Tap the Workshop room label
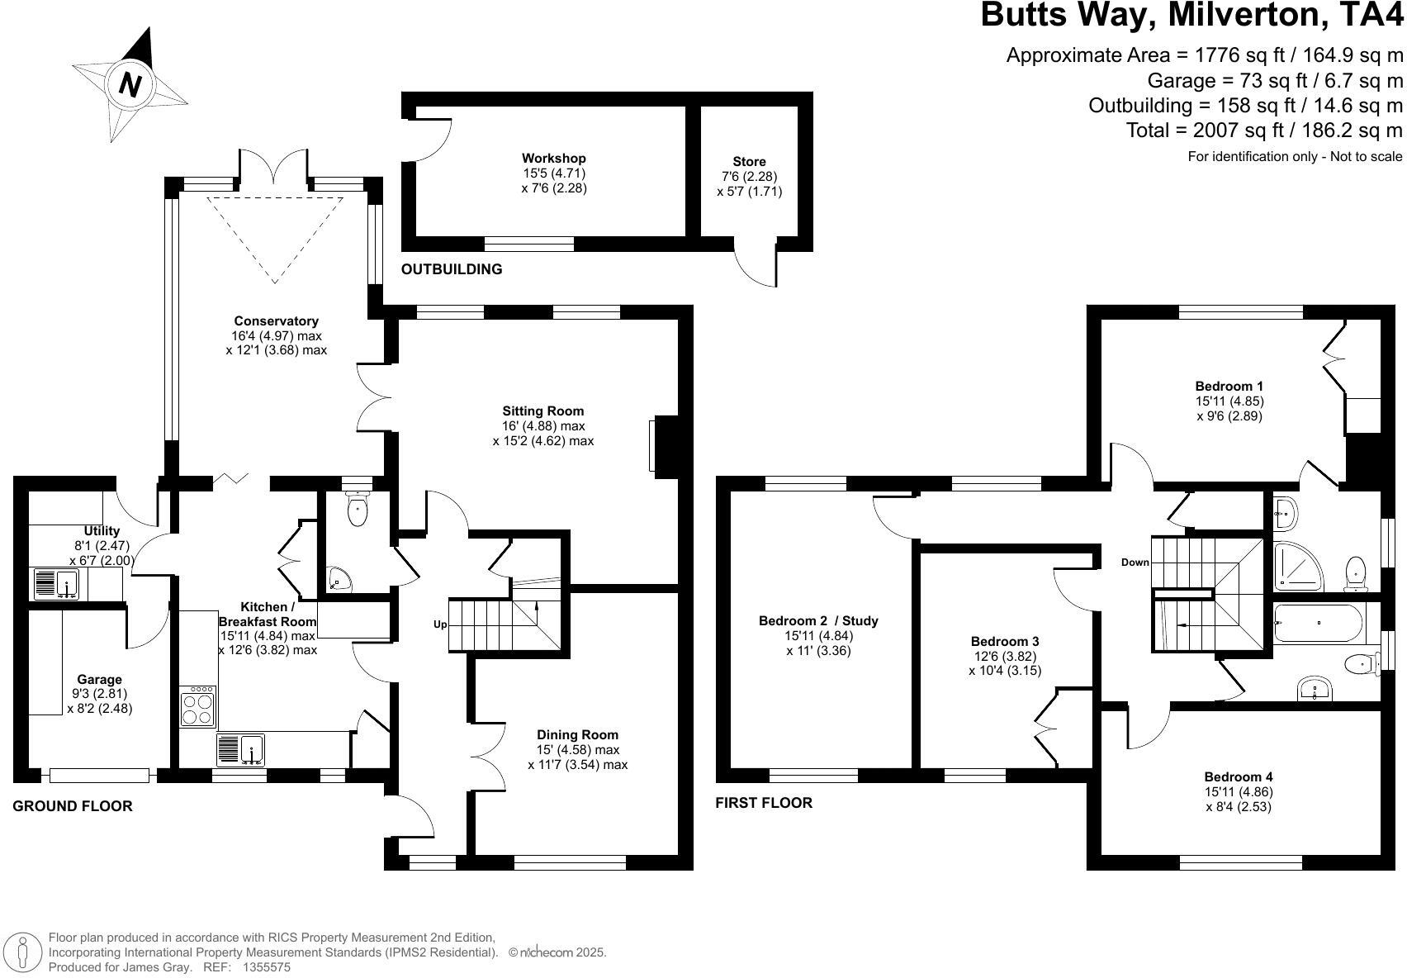pyautogui.click(x=553, y=159)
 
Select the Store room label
pyautogui.click(x=749, y=162)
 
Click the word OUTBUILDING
pyautogui.click(x=451, y=269)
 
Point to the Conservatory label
pyautogui.click(x=276, y=321)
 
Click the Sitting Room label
pyautogui.click(x=542, y=411)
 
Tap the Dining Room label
pyautogui.click(x=577, y=735)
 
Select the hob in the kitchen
pyautogui.click(x=198, y=707)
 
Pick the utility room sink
pyautogui.click(x=55, y=584)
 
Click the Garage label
pyautogui.click(x=99, y=680)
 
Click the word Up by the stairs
pyautogui.click(x=440, y=624)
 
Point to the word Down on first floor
pyautogui.click(x=1135, y=563)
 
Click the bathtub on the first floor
pyautogui.click(x=1319, y=623)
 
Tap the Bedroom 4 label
pyautogui.click(x=1238, y=776)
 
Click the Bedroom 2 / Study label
pyautogui.click(x=817, y=621)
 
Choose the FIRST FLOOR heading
pyautogui.click(x=763, y=803)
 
